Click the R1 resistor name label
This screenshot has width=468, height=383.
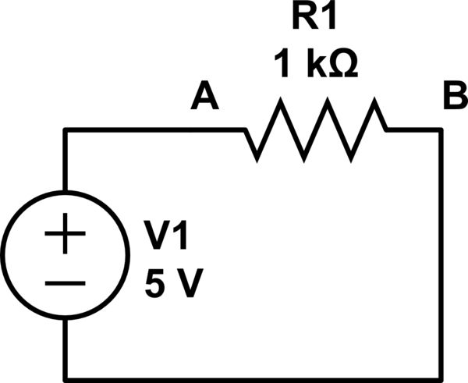[314, 18]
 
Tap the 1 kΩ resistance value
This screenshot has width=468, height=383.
[315, 65]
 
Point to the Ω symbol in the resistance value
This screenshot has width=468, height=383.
[344, 66]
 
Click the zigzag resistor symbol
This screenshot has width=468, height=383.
[315, 129]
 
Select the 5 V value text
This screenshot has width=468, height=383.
[173, 285]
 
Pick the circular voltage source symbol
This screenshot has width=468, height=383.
[66, 257]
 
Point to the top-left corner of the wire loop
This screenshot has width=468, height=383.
[66, 129]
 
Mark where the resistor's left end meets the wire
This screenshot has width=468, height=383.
[245, 129]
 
